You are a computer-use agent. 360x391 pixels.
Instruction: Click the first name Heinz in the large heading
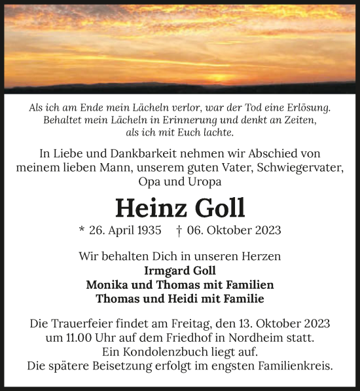click(147, 207)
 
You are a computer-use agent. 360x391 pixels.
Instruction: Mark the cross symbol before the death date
click(179, 231)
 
